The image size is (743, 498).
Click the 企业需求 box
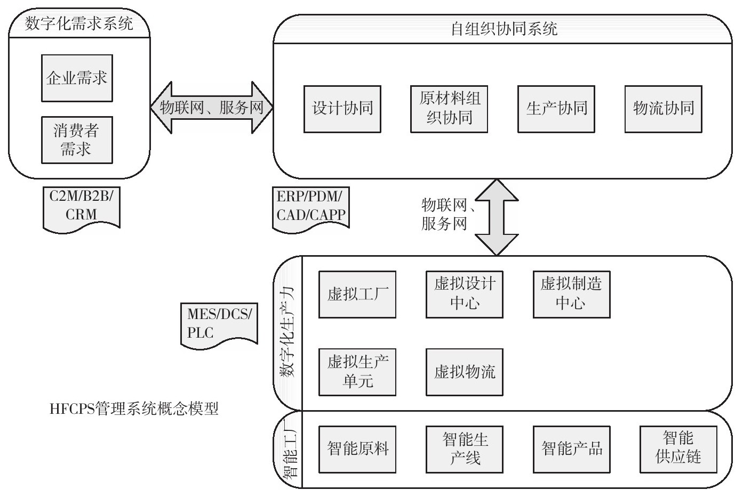(77, 78)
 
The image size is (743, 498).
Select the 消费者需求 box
(77, 140)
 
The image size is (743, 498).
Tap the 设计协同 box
(342, 109)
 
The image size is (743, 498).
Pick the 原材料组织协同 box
(449, 109)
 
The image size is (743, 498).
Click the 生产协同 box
(556, 109)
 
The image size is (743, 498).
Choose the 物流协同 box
(663, 109)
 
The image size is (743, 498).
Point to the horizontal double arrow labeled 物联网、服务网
(212, 108)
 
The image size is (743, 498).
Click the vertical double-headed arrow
(497, 217)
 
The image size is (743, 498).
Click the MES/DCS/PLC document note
(219, 324)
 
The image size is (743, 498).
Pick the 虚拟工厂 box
(357, 295)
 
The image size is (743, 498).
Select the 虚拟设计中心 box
(465, 295)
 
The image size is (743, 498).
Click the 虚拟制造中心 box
(571, 295)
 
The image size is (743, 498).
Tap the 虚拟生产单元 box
(357, 372)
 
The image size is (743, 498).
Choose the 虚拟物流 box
(465, 372)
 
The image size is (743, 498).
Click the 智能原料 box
(357, 449)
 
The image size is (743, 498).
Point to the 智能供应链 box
(678, 449)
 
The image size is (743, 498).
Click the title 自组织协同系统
(504, 29)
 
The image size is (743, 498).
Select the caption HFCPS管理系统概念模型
(134, 409)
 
